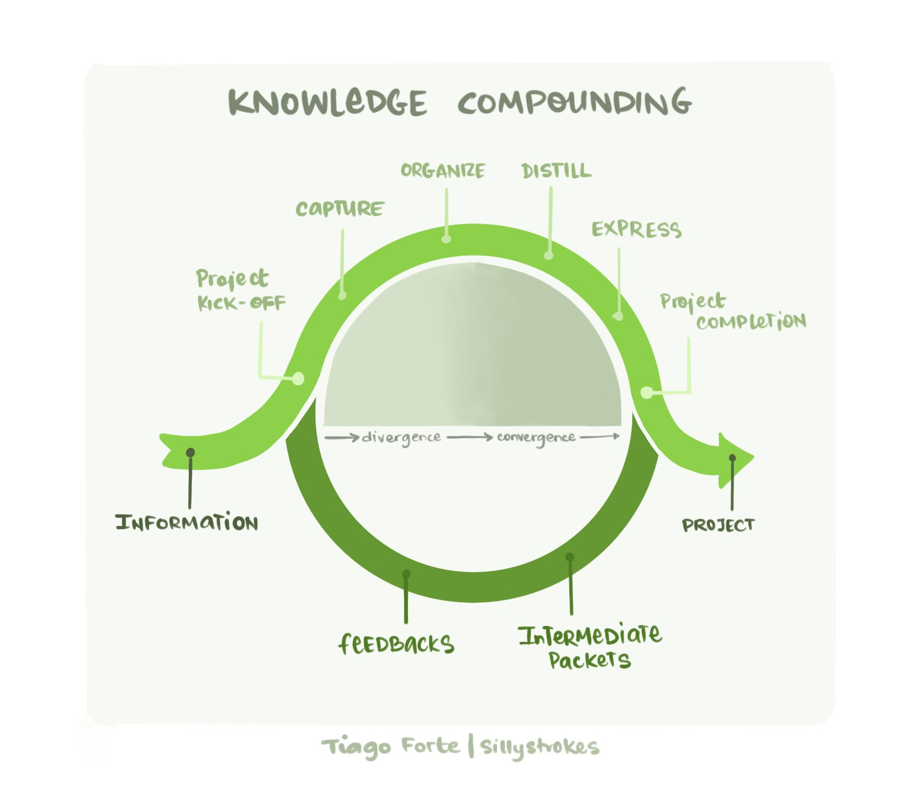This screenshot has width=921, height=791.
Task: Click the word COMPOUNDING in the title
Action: pyautogui.click(x=574, y=103)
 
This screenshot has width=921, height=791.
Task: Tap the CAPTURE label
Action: pyautogui.click(x=340, y=209)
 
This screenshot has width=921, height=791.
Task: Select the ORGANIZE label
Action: pyautogui.click(x=443, y=171)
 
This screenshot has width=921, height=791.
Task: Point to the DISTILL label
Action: pyautogui.click(x=557, y=171)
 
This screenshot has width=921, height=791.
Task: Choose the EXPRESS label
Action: pyautogui.click(x=637, y=230)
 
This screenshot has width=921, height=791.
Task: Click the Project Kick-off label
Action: pyautogui.click(x=241, y=290)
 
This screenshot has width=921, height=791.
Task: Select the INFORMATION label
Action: pyautogui.click(x=187, y=522)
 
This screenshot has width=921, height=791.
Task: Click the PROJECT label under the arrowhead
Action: pyautogui.click(x=718, y=525)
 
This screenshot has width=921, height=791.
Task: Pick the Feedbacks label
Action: pyautogui.click(x=396, y=644)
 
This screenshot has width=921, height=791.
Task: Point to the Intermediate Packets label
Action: pyautogui.click(x=590, y=647)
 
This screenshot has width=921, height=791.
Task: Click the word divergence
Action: pyautogui.click(x=401, y=438)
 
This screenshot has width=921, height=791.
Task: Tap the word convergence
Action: pyautogui.click(x=536, y=438)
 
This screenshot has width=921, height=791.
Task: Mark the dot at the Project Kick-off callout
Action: pyautogui.click(x=298, y=379)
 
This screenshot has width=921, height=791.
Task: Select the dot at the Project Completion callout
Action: pyautogui.click(x=647, y=392)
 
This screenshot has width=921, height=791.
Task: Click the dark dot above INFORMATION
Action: pyautogui.click(x=190, y=453)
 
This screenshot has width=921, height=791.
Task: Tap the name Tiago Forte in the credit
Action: pyautogui.click(x=390, y=747)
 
